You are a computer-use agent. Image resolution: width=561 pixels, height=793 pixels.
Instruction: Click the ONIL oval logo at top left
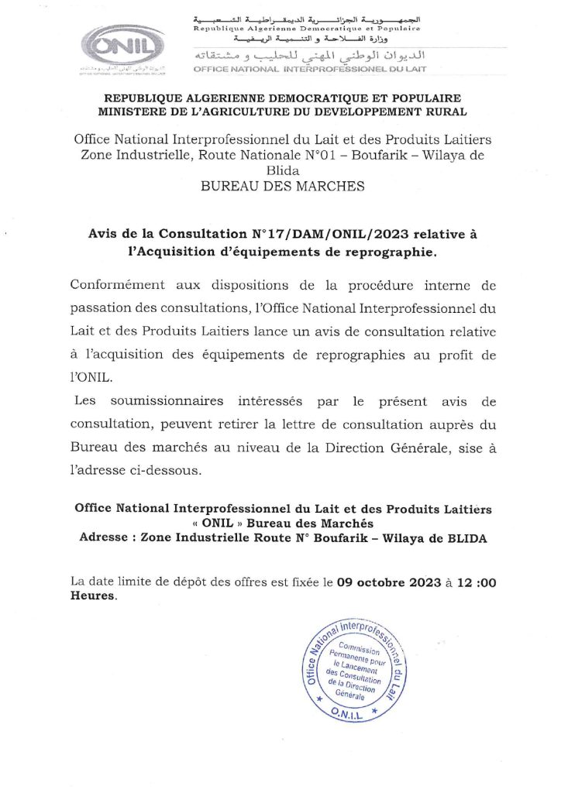pyautogui.click(x=117, y=48)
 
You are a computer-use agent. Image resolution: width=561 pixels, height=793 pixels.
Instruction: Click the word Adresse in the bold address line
pyautogui.click(x=107, y=539)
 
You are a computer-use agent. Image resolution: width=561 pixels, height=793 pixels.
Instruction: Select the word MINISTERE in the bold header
pyautogui.click(x=136, y=112)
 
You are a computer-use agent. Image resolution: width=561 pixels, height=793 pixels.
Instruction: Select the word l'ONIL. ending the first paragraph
pyautogui.click(x=91, y=379)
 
